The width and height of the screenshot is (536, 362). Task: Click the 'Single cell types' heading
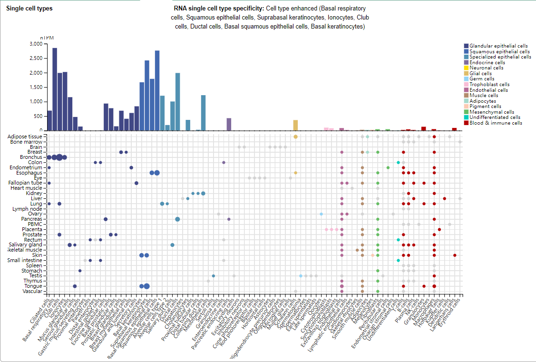[x=29, y=9]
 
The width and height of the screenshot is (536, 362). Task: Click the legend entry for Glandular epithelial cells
[x=498, y=46]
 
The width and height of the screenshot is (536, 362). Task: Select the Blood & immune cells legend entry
[x=496, y=123]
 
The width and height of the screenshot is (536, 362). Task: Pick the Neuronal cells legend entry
[x=486, y=68]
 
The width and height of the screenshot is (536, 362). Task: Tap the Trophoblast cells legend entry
[x=489, y=84]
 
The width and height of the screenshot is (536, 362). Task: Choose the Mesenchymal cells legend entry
[x=491, y=112]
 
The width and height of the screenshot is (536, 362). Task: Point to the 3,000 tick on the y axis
[x=36, y=44]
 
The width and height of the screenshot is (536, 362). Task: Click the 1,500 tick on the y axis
[x=36, y=87]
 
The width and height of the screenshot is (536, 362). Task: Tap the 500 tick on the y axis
[x=38, y=116]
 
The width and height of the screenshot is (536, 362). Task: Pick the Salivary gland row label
[x=27, y=245]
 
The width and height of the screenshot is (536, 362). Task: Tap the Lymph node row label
[x=29, y=208]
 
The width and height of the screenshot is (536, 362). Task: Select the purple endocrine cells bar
[x=229, y=124]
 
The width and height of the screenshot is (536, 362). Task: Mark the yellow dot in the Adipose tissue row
[x=295, y=137]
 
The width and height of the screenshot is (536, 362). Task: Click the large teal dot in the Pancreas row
[x=177, y=219]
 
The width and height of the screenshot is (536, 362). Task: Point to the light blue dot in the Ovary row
[x=322, y=214]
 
